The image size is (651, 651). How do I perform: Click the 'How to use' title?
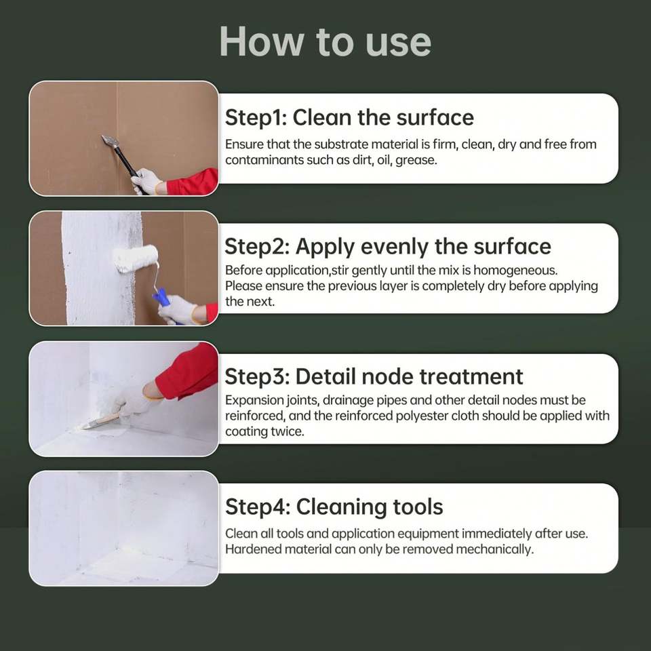[x=325, y=41]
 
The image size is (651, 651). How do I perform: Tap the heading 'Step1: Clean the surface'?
[x=349, y=117]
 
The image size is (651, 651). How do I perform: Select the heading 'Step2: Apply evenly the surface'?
[x=388, y=247]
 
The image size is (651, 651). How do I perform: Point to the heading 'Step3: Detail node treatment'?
[x=374, y=377]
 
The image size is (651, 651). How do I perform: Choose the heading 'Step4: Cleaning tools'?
[x=334, y=507]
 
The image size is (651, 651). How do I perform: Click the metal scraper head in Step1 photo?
[x=111, y=142]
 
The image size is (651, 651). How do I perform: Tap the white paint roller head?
[x=136, y=258]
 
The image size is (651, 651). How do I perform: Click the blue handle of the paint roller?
[x=162, y=300]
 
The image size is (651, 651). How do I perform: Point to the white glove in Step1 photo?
[x=146, y=181]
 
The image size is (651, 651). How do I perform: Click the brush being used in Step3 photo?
[x=101, y=421]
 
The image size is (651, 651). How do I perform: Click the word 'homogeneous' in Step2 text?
[x=515, y=271]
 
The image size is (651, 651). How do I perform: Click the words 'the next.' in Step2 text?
[x=250, y=302]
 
